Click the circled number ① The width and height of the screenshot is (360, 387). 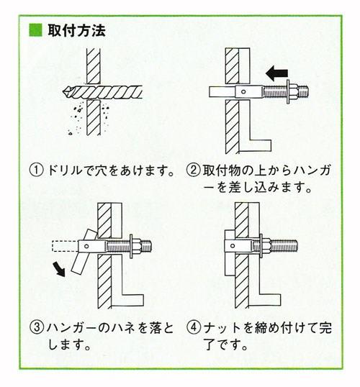(35, 172)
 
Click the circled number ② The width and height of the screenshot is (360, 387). (194, 172)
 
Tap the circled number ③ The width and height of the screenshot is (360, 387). (35, 329)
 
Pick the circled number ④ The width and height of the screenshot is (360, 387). (194, 329)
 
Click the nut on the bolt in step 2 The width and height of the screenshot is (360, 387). (293, 92)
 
